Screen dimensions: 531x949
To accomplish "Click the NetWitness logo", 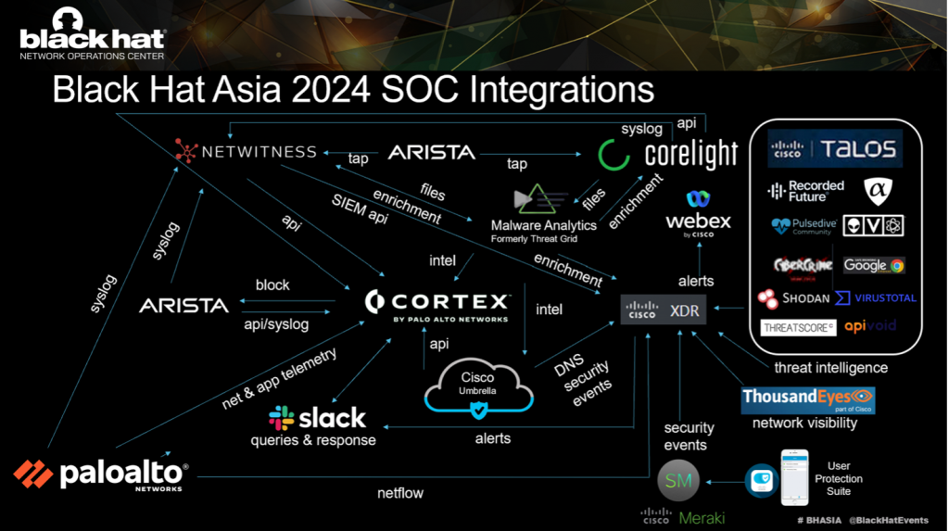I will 246,150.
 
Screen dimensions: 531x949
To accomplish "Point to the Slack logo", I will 317,417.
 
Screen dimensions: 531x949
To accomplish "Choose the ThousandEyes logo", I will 808,400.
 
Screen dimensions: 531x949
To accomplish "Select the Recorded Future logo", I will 805,192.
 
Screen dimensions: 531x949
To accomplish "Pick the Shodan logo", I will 793,298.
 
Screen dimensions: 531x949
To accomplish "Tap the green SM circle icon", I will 677,480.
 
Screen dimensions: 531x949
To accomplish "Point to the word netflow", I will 400,493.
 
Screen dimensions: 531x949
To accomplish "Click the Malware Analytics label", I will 543,226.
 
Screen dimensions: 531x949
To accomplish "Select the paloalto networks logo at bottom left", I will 101,474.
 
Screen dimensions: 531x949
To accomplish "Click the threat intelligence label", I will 830,368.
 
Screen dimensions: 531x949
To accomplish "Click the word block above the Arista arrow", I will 272,284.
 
